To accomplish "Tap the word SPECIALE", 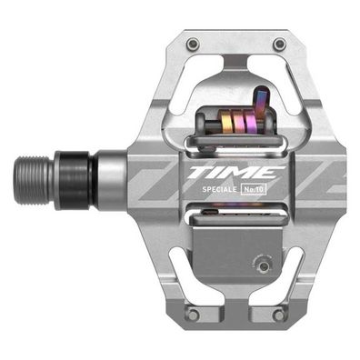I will pyautogui.click(x=218, y=190).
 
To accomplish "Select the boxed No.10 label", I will pyautogui.click(x=257, y=190).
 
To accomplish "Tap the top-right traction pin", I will pyautogui.click(x=279, y=44).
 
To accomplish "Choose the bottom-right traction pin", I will pyautogui.click(x=279, y=315).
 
